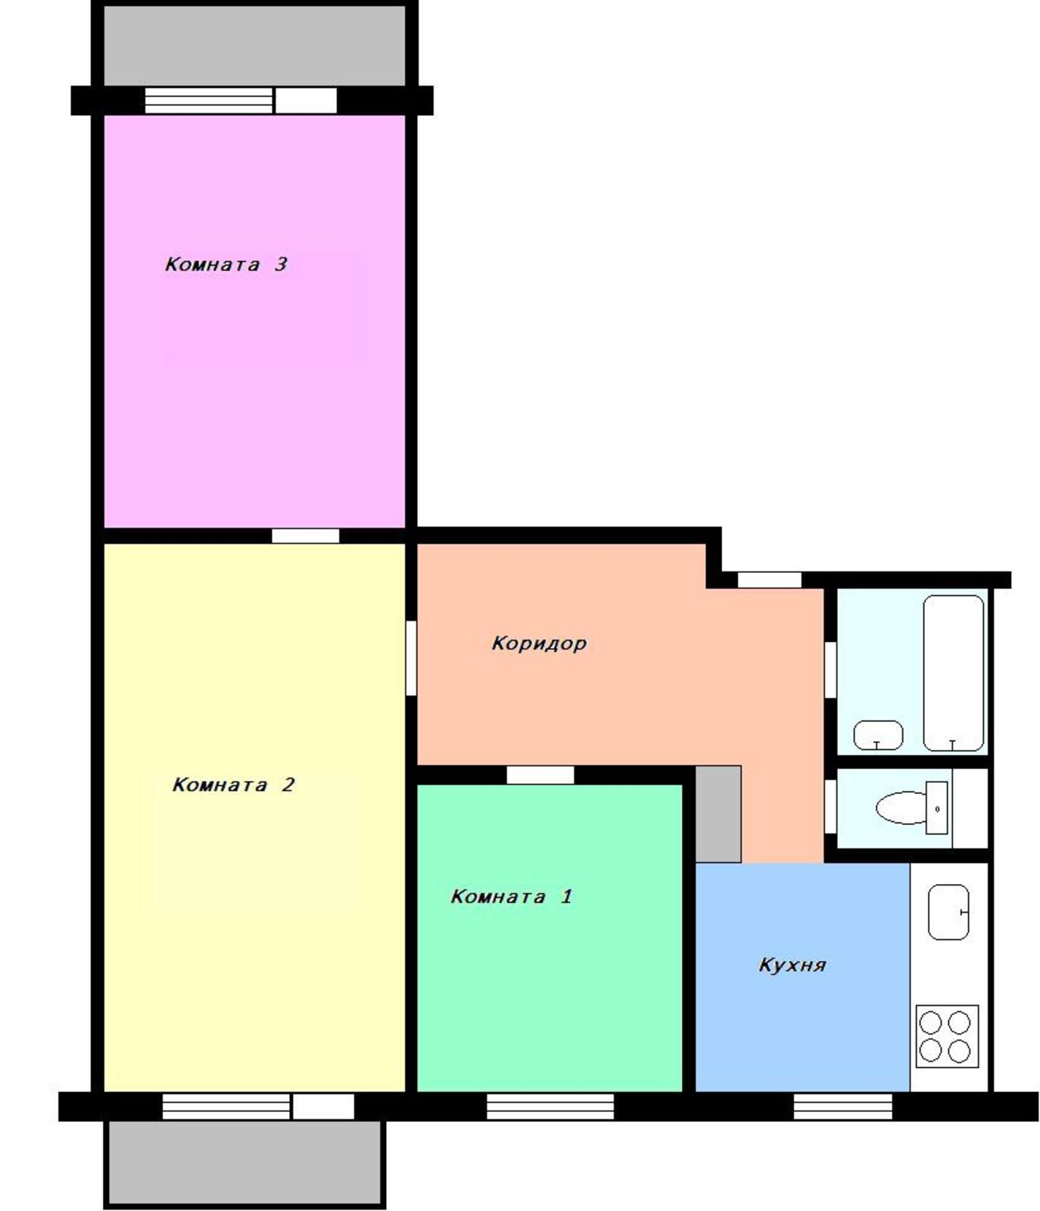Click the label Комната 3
coord(226,264)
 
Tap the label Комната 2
coord(233,784)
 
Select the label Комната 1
coord(511,896)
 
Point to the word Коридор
coord(539,643)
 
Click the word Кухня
coord(792,965)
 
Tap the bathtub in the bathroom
coord(953,673)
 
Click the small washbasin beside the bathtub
coord(878,735)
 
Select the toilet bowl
coord(912,808)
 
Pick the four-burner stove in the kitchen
coord(946,1036)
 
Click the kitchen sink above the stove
coord(948,911)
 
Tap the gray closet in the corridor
coord(718,814)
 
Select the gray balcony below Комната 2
coord(244,1162)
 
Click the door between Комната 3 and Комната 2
coord(306,536)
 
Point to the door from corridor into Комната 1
coord(540,775)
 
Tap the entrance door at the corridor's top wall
coord(769,580)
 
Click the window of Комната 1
coord(550,1107)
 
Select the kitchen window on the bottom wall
coord(842,1107)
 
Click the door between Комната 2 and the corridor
coord(411,658)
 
